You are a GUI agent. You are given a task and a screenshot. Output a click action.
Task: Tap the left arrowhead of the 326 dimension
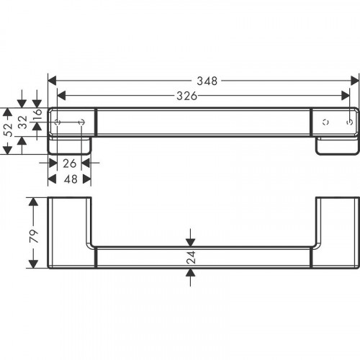tap(60, 94)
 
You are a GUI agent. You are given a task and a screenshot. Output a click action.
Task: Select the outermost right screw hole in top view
tap(349, 123)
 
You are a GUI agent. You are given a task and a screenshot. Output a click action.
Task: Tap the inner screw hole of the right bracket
tap(325, 123)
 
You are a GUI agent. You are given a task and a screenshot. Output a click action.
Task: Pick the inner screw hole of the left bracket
tap(82, 123)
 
